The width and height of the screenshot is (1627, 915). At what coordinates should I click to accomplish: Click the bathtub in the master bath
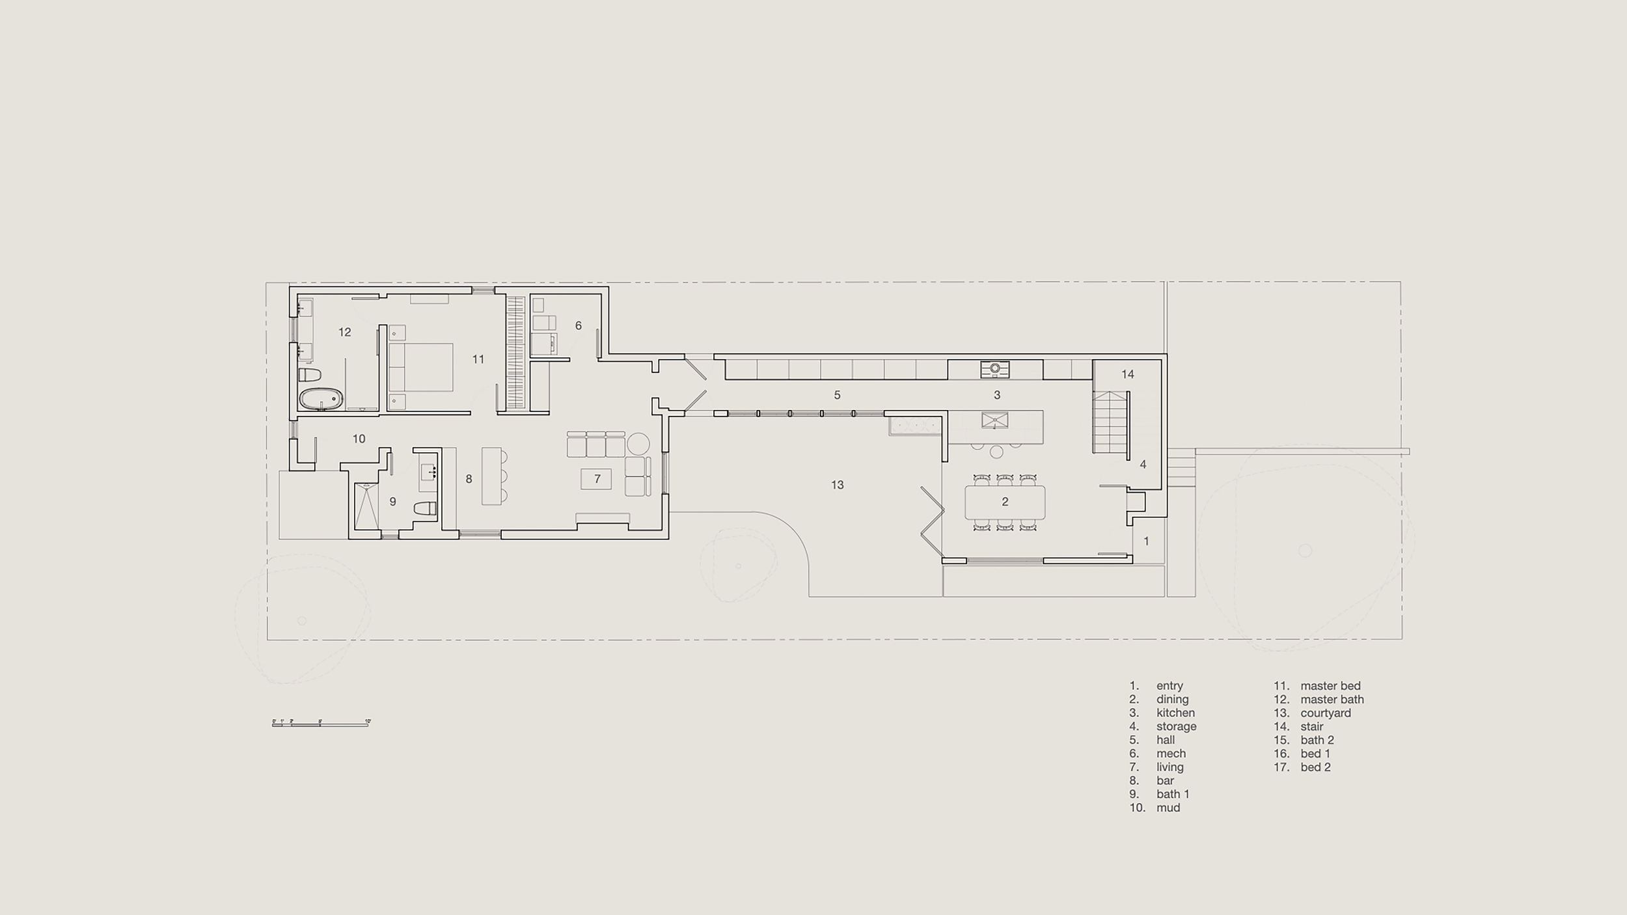(x=321, y=399)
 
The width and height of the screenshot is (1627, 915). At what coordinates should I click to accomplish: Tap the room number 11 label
(x=478, y=359)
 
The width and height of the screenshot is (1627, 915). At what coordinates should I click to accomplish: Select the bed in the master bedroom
(x=420, y=367)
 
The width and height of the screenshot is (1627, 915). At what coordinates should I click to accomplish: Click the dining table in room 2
(x=1005, y=502)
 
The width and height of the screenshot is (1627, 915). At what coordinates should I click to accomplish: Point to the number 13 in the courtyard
(x=837, y=485)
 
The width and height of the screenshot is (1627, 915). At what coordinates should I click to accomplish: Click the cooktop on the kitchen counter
(x=994, y=369)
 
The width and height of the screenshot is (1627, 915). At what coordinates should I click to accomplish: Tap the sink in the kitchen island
(x=994, y=420)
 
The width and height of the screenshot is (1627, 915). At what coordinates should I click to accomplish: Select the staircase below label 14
(x=1110, y=423)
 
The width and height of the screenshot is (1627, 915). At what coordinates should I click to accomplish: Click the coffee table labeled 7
(x=596, y=480)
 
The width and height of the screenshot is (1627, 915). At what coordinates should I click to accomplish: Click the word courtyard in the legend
(x=1325, y=713)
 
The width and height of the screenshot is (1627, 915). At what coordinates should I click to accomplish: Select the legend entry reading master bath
(x=1332, y=700)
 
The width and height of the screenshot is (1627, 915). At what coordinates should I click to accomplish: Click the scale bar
(x=321, y=723)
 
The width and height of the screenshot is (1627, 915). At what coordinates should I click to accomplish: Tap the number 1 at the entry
(x=1146, y=541)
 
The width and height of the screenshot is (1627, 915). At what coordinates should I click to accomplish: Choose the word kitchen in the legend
(x=1175, y=713)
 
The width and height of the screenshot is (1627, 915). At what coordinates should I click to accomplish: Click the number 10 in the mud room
(x=359, y=439)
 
